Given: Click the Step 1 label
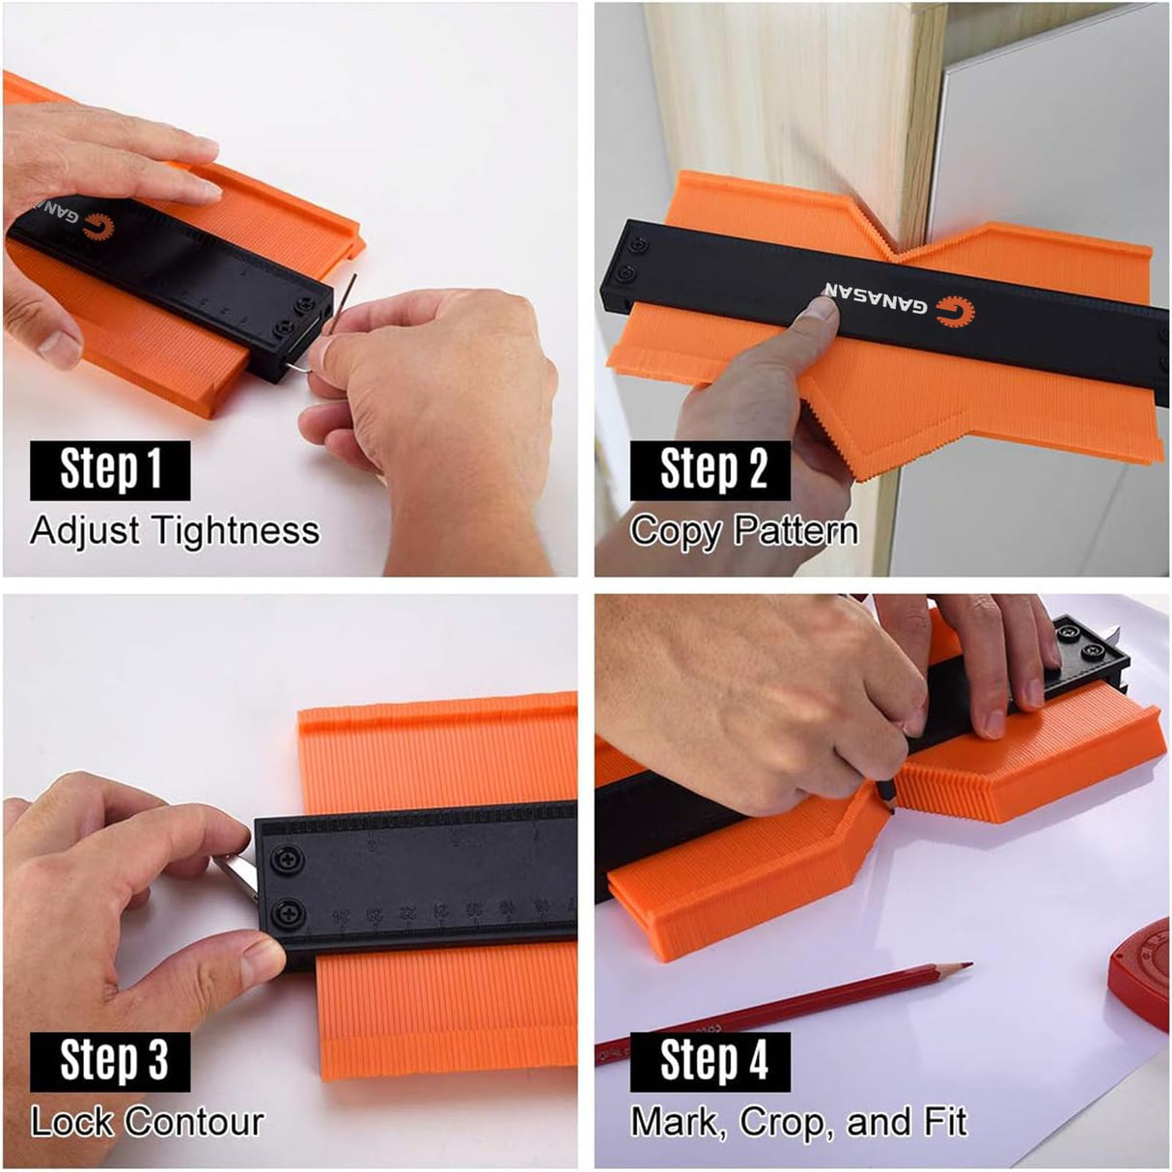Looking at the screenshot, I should click(x=110, y=470).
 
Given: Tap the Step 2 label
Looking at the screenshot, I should click(x=711, y=470).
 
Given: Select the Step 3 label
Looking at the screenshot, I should click(x=110, y=1061).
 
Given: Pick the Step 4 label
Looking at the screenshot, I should click(x=711, y=1061).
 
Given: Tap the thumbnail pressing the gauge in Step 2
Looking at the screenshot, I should click(x=822, y=310).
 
